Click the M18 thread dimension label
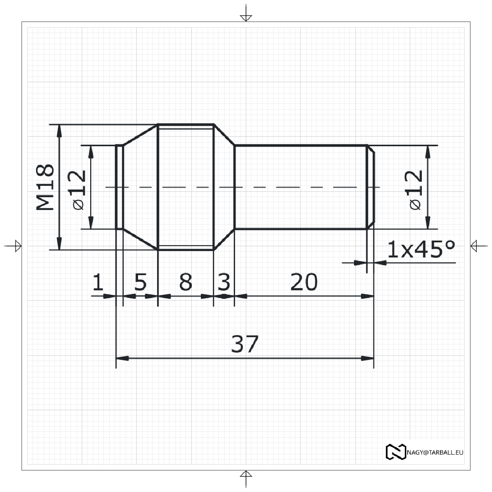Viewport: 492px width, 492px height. [x=46, y=187]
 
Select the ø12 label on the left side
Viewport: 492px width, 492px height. [x=78, y=190]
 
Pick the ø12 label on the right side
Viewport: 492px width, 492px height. [x=415, y=190]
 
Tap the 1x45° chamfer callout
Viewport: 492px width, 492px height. [x=420, y=249]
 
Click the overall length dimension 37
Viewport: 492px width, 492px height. [x=245, y=344]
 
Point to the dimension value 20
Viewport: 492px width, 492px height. [x=304, y=282]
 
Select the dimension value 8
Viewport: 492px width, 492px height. [x=185, y=282]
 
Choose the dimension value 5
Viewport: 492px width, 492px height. [x=140, y=282]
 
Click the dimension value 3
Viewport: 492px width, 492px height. [x=224, y=282]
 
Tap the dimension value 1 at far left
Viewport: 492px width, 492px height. [x=98, y=282]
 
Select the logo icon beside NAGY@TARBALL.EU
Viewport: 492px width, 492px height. [x=395, y=451]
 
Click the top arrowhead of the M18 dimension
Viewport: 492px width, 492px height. [x=59, y=130]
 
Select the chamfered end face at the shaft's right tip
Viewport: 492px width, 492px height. [x=371, y=187]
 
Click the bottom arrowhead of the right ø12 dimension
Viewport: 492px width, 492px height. [x=427, y=223]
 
